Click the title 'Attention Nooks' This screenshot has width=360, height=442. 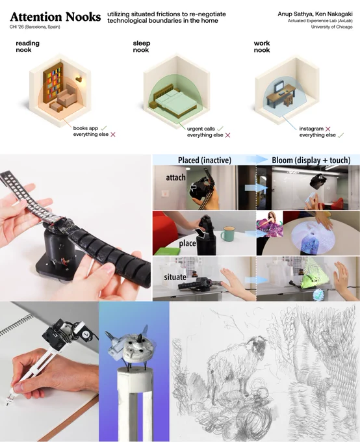[x=55, y=17]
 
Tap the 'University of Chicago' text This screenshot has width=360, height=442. [x=331, y=27]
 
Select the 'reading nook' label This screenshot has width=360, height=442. [x=28, y=47]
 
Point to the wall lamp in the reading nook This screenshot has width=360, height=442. [x=79, y=79]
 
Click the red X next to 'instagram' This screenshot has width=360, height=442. [x=328, y=129]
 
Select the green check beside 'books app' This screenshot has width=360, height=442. [x=103, y=128]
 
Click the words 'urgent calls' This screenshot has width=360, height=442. [x=201, y=129]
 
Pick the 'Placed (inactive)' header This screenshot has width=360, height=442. [x=205, y=160]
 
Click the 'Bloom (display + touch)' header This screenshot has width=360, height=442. [x=311, y=160]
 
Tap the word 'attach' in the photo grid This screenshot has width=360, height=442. [x=175, y=177]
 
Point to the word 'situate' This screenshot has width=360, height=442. [x=175, y=277]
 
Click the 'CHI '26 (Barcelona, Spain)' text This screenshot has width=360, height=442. [x=34, y=27]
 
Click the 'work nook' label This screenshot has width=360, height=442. [x=262, y=47]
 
